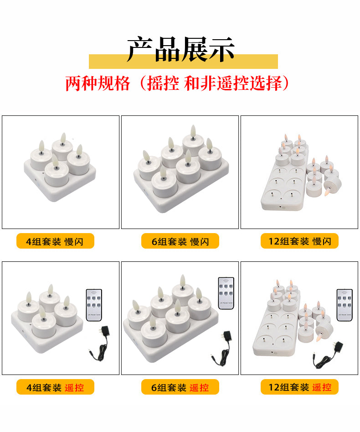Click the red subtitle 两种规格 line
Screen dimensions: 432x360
pyautogui.click(x=177, y=84)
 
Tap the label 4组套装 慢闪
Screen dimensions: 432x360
pyautogui.click(x=55, y=241)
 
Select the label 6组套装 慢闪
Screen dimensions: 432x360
pyautogui.click(x=180, y=241)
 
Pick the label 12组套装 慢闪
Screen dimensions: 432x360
pyautogui.click(x=299, y=241)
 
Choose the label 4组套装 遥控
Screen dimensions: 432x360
pyautogui.click(x=55, y=387)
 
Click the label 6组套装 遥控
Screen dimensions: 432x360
pyautogui.click(x=180, y=387)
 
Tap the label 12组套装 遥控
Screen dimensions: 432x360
pyautogui.click(x=299, y=387)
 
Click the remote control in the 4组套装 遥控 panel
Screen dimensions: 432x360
pyautogui.click(x=94, y=305)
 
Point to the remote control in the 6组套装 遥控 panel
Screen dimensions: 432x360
pyautogui.click(x=226, y=293)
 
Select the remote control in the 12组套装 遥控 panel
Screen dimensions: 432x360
pyautogui.click(x=345, y=305)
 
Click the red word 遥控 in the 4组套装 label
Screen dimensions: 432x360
pyautogui.click(x=74, y=387)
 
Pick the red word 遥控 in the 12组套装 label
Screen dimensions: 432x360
pyautogui.click(x=322, y=387)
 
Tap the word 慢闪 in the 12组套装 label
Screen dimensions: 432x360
pyautogui.click(x=322, y=241)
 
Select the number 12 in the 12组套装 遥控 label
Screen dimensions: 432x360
pyautogui.click(x=273, y=387)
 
